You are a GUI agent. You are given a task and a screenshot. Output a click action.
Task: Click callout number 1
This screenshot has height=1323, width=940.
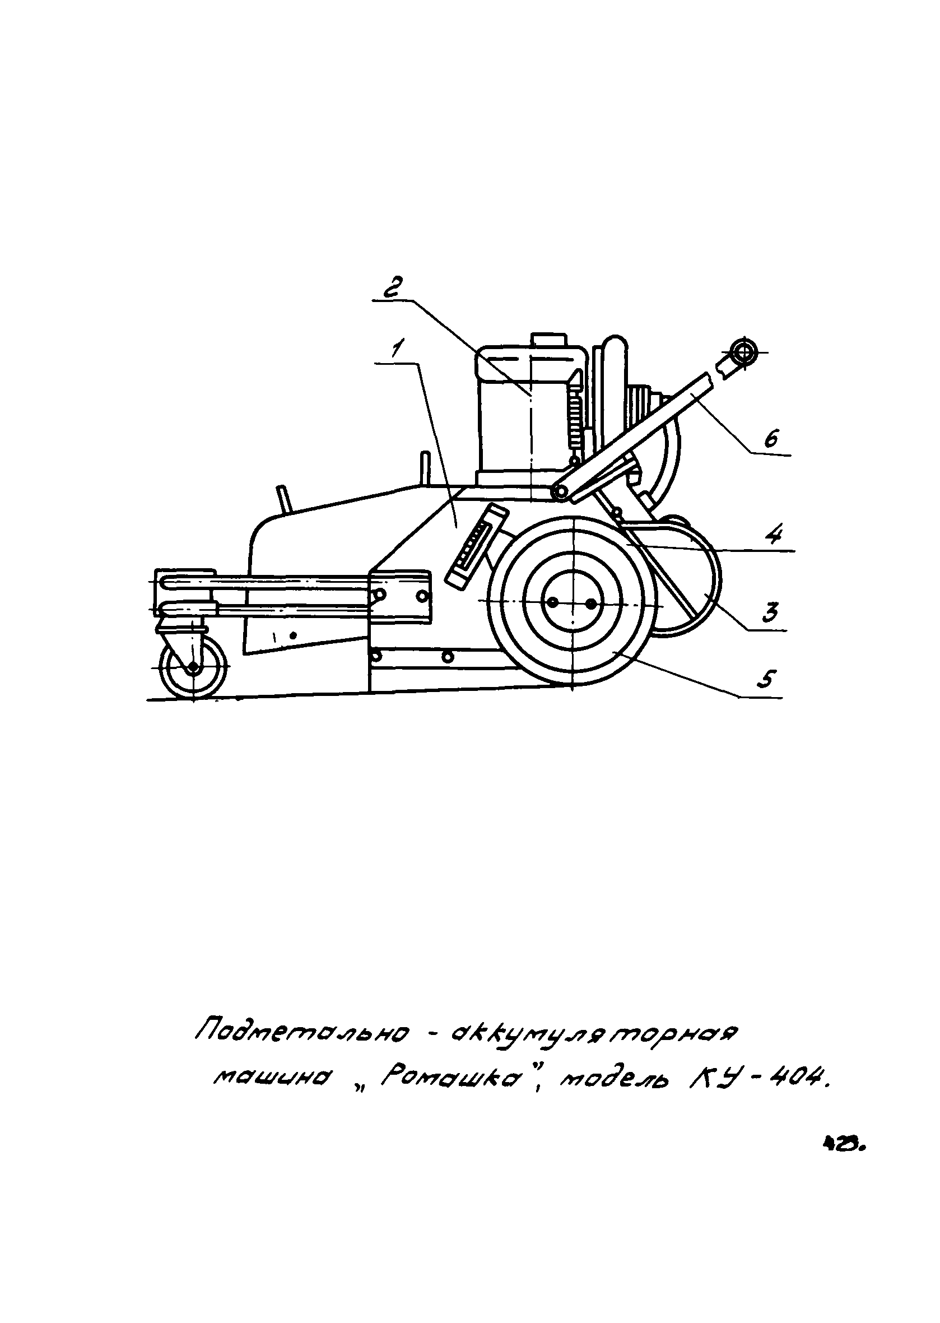point(398,350)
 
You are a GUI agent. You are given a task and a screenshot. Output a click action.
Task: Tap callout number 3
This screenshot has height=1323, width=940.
point(769,612)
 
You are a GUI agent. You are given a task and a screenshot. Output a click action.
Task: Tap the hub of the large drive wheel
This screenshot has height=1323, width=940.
point(572,604)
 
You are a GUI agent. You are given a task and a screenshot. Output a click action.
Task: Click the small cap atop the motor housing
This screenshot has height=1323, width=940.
point(547,338)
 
